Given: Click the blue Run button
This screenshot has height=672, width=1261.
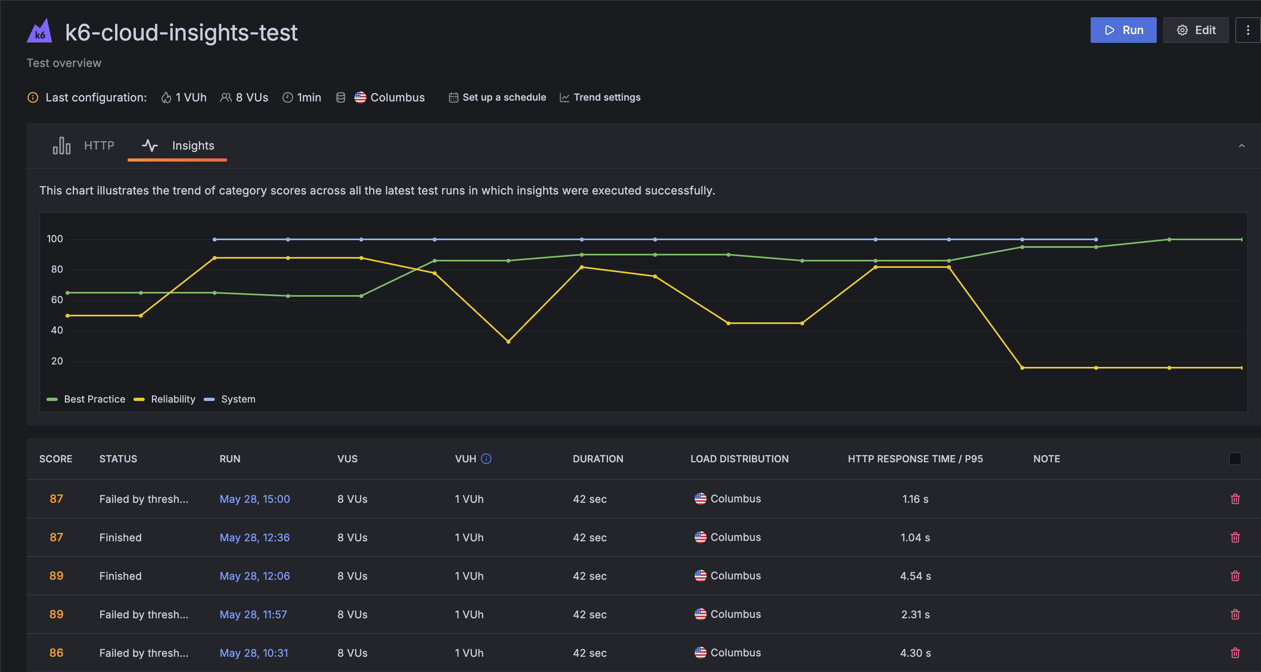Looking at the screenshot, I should pyautogui.click(x=1123, y=30).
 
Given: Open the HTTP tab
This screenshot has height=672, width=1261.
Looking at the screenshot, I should pyautogui.click(x=84, y=146).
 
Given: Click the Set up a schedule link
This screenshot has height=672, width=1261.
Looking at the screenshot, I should pyautogui.click(x=497, y=97).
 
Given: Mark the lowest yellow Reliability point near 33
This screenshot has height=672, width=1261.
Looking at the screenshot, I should pyautogui.click(x=508, y=341).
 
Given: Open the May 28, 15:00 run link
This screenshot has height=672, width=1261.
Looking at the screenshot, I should pyautogui.click(x=255, y=499).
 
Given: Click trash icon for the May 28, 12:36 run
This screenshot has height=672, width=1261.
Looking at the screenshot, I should pyautogui.click(x=1235, y=537).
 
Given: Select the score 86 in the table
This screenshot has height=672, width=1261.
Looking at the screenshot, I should pyautogui.click(x=56, y=652).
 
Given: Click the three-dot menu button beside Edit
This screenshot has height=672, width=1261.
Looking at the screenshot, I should pyautogui.click(x=1247, y=30).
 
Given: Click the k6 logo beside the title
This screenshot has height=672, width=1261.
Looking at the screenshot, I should pyautogui.click(x=39, y=31).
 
